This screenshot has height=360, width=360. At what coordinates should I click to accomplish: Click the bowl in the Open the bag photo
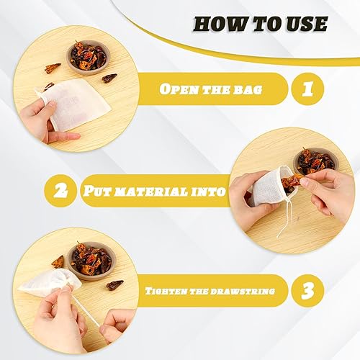tap(88, 55)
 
